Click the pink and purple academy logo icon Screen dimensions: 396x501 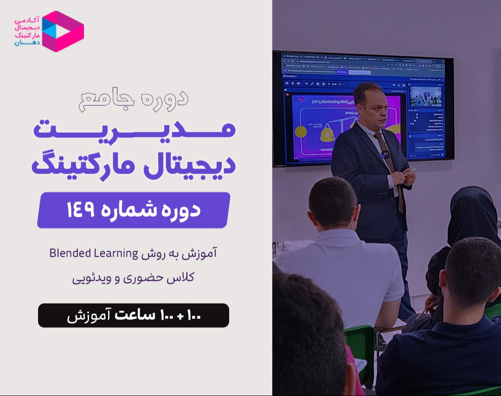tap(63, 31)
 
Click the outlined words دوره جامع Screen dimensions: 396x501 tap(134, 98)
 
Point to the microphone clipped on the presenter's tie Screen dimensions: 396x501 tap(385, 154)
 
